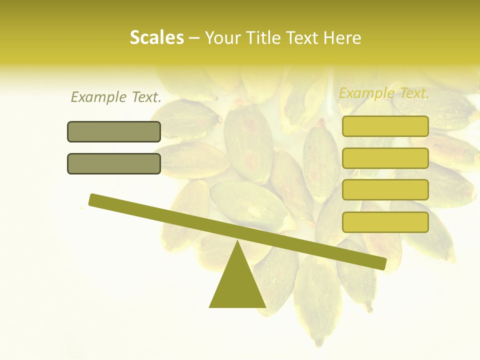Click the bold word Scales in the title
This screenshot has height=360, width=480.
pyautogui.click(x=156, y=37)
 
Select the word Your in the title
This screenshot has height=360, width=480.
pyautogui.click(x=223, y=37)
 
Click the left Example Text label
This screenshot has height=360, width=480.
pyautogui.click(x=115, y=97)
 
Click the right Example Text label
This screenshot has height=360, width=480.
pyautogui.click(x=384, y=93)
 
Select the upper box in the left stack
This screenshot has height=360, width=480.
pyautogui.click(x=114, y=131)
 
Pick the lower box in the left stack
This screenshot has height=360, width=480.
pyautogui.click(x=114, y=163)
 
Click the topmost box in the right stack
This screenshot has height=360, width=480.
pyautogui.click(x=385, y=126)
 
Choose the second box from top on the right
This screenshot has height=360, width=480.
pyautogui.click(x=385, y=158)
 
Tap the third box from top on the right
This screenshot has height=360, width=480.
pyautogui.click(x=385, y=190)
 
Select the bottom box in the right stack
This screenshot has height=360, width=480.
pyautogui.click(x=385, y=222)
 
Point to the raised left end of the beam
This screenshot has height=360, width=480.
pyautogui.click(x=93, y=199)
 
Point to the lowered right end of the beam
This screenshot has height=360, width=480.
pyautogui.click(x=382, y=263)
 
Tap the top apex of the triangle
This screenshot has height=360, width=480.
pyautogui.click(x=237, y=242)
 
